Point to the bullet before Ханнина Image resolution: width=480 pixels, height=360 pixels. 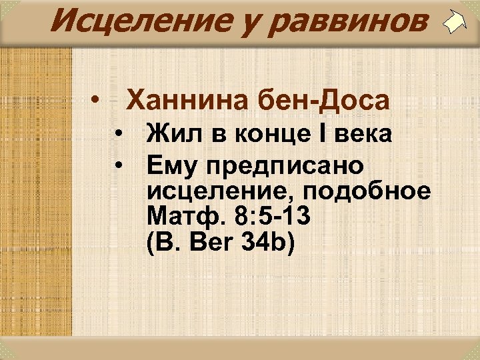tap(97, 101)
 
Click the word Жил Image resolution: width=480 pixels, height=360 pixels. tap(172, 134)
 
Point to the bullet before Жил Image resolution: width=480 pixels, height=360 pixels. tap(117, 135)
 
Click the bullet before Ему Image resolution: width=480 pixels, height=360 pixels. tap(117, 163)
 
